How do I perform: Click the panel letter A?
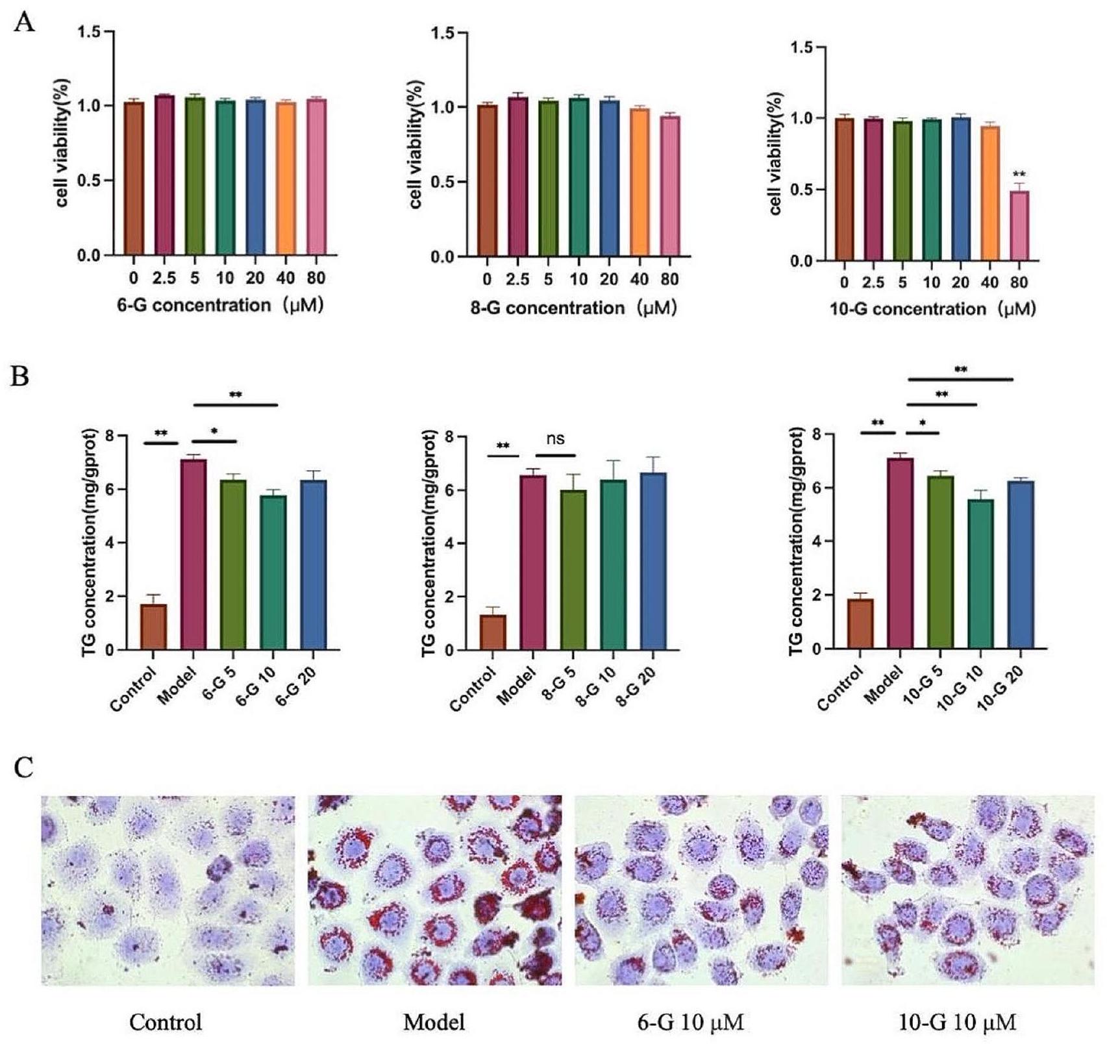point(24,24)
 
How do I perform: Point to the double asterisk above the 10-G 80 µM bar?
point(1019,174)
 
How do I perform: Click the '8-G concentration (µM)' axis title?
point(573,307)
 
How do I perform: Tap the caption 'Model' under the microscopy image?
point(434,1023)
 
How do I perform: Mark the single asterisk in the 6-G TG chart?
point(214,432)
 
